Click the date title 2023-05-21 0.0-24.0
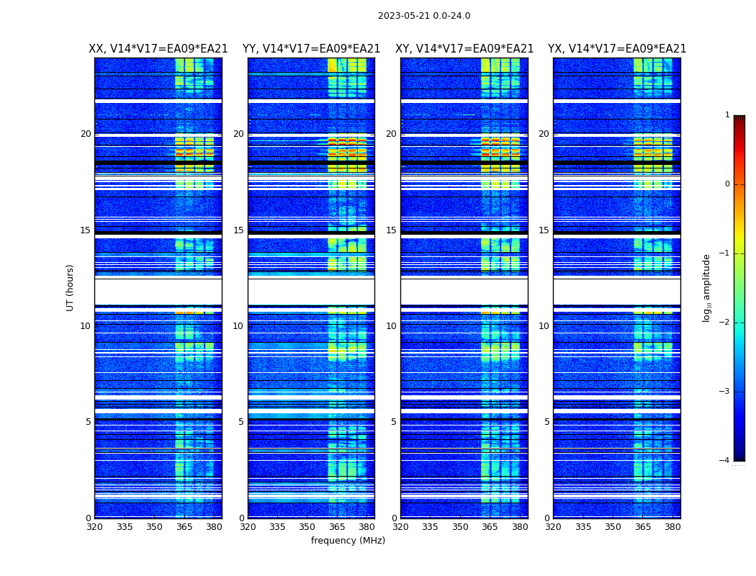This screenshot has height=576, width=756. pos(424,16)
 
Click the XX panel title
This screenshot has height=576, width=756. pos(158,49)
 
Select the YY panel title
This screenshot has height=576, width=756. pos(311,49)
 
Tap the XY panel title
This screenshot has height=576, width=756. pos(464,49)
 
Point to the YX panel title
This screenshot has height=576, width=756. pos(617,49)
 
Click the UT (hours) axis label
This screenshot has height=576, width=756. pos(71,287)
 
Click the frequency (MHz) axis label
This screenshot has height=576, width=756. pos(348,541)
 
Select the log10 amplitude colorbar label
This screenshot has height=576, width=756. pos(707,287)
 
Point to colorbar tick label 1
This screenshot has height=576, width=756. pos(727,115)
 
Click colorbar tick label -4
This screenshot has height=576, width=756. pos(726,461)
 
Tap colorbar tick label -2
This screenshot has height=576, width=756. pos(726,323)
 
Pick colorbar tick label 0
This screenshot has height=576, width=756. pos(727,184)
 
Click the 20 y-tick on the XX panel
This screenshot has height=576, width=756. pos(86,134)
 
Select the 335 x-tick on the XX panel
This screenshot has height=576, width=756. pos(125,527)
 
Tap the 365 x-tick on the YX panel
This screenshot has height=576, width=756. pos(643,527)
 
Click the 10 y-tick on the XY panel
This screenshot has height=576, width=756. pos(391,326)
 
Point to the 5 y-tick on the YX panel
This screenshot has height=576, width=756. pos(546,422)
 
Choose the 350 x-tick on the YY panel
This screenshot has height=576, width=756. pos(307,527)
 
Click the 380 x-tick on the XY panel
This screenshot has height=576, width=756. pos(520,527)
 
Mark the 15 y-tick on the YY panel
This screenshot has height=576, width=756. pos(238,230)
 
